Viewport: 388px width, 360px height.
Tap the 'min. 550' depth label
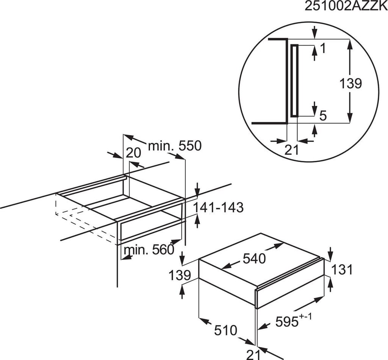pos(175,146)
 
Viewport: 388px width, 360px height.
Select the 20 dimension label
pos(133,153)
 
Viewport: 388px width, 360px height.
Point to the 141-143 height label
pos(218,207)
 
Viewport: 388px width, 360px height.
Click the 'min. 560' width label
pos(149,249)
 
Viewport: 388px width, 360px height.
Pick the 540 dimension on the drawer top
pos(254,259)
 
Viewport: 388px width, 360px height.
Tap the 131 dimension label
pos(341,270)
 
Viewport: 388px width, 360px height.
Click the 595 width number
pos(287,322)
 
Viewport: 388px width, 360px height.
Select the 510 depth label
pos(226,330)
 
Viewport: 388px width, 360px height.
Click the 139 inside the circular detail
pos(350,83)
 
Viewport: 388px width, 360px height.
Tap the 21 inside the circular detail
pos(291,150)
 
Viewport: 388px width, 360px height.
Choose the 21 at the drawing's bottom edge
pos(253,355)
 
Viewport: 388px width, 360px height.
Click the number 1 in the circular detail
pos(323,49)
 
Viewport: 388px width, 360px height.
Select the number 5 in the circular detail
pos(323,115)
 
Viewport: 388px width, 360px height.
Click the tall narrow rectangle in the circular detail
pos(294,81)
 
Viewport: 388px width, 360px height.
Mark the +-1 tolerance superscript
pos(306,317)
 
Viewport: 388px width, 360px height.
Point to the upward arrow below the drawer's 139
pos(182,291)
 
